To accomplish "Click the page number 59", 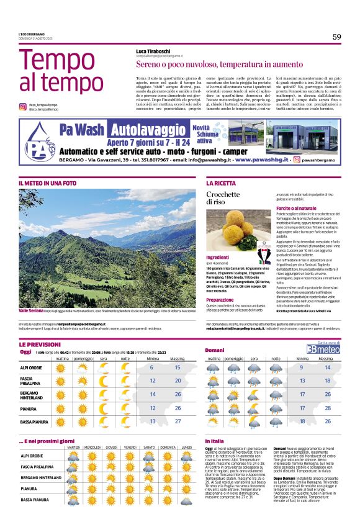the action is (336, 37).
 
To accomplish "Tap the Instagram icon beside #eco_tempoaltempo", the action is (22, 106).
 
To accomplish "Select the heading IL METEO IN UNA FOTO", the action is (47, 183).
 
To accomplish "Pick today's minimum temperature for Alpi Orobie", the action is (152, 367).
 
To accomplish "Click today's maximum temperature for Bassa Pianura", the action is (178, 421).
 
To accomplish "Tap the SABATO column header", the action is (149, 447).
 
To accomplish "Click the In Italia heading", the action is (214, 440).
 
